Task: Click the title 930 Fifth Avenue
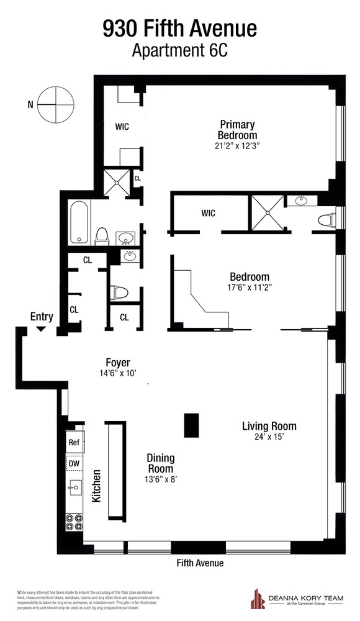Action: (x=179, y=29)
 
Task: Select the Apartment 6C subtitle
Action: (x=179, y=51)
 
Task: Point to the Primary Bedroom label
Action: (x=236, y=130)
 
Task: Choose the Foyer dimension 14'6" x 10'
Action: (x=117, y=373)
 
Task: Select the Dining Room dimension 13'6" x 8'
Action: (x=160, y=479)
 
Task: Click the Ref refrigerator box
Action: (x=75, y=443)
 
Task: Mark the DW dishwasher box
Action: (x=75, y=464)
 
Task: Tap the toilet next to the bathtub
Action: (x=103, y=237)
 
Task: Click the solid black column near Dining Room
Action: (x=192, y=426)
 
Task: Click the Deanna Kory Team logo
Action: (x=257, y=600)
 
